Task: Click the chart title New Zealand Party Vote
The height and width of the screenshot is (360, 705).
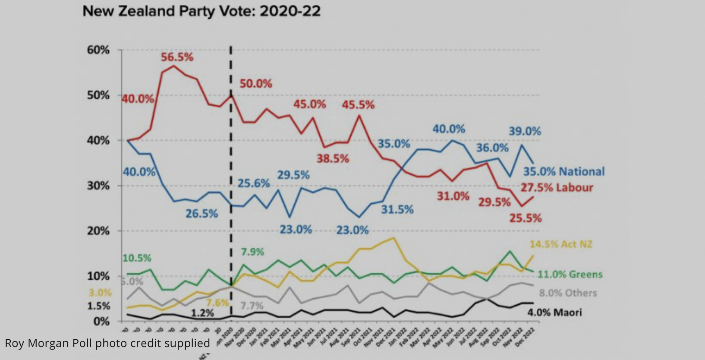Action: pyautogui.click(x=201, y=11)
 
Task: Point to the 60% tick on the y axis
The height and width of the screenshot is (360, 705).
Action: pyautogui.click(x=98, y=50)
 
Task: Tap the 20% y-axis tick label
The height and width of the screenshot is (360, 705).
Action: pyautogui.click(x=98, y=231)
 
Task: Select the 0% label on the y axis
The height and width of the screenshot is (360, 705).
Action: pyautogui.click(x=101, y=322)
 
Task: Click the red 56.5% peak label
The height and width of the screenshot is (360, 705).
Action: pyautogui.click(x=177, y=57)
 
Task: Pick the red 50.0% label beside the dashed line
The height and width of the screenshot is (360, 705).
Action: pyautogui.click(x=256, y=84)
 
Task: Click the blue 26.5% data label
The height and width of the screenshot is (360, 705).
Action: pyautogui.click(x=201, y=214)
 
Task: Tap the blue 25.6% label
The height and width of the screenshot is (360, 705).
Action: pyautogui.click(x=254, y=183)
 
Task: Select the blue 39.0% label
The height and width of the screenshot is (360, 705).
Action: pyautogui.click(x=525, y=131)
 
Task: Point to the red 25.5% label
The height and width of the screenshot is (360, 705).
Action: pyautogui.click(x=525, y=218)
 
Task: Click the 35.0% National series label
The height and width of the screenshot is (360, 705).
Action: pyautogui.click(x=564, y=172)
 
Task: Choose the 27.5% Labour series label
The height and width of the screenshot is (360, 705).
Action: pyautogui.click(x=557, y=188)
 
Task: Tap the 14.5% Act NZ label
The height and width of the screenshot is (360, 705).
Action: pyautogui.click(x=561, y=244)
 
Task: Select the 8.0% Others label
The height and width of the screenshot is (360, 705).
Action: pyautogui.click(x=568, y=293)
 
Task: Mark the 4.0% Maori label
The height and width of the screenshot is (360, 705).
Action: pyautogui.click(x=555, y=313)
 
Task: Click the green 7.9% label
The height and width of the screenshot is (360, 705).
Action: pyautogui.click(x=252, y=252)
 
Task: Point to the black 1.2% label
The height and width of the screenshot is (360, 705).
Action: pyautogui.click(x=202, y=313)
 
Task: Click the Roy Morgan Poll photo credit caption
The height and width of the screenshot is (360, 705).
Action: pyautogui.click(x=107, y=343)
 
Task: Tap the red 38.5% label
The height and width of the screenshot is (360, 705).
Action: pyautogui.click(x=333, y=159)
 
